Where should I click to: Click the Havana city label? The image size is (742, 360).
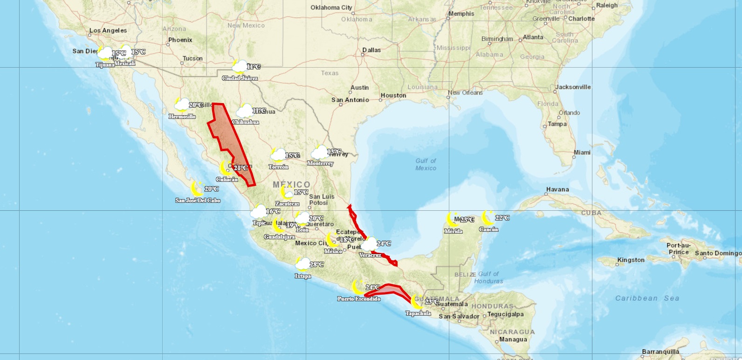click(557, 189)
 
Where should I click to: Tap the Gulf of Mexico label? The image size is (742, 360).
click(426, 164)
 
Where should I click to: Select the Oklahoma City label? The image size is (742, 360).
click(331, 7)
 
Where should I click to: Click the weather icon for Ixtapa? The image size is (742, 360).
click(303, 264)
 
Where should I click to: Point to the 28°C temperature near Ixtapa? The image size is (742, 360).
click(316, 264)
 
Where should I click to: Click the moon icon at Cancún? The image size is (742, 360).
click(488, 217)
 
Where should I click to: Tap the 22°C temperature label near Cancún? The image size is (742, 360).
click(502, 218)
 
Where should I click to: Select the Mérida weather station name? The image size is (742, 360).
click(453, 231)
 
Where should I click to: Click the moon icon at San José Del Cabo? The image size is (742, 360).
click(197, 188)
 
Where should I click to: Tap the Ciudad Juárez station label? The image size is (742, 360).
click(240, 78)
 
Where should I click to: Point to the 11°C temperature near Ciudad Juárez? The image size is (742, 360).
click(254, 67)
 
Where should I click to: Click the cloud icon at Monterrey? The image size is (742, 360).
click(320, 152)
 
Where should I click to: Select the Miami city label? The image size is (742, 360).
click(582, 152)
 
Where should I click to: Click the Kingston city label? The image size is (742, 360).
click(631, 260)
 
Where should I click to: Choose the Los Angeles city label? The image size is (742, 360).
click(108, 30)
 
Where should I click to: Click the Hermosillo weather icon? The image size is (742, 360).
click(181, 104)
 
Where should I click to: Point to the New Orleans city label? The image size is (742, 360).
click(465, 93)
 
